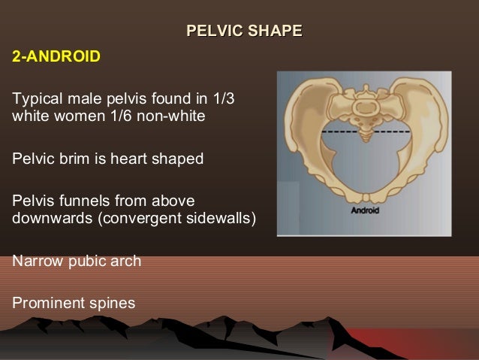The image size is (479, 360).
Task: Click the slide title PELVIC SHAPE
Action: pyautogui.click(x=244, y=31)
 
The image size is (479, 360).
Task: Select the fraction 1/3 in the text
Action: pyautogui.click(x=233, y=99)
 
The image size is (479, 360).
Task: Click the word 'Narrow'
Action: pyautogui.click(x=35, y=262)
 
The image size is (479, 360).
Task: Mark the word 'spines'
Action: pyautogui.click(x=111, y=304)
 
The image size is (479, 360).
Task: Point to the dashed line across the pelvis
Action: pyautogui.click(x=338, y=131)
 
